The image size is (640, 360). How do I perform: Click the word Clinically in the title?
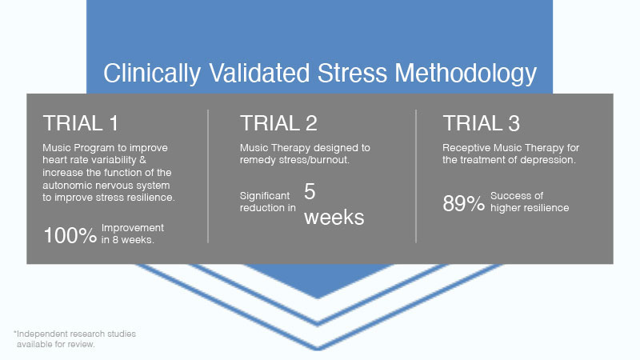coord(152,74)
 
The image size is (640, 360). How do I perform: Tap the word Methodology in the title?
coord(466,74)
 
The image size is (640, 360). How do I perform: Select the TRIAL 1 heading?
coord(81,123)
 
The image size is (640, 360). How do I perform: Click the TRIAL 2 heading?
coord(278,123)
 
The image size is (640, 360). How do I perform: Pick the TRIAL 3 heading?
coord(482,123)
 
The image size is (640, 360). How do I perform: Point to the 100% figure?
coord(70,235)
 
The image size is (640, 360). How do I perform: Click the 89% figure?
coord(464,203)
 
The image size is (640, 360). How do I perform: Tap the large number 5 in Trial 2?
coord(310,191)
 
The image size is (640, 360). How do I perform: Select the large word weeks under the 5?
coord(334,217)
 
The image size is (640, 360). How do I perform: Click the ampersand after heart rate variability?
coord(142,160)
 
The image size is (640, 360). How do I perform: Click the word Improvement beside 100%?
coord(133,228)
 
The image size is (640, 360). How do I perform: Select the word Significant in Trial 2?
coord(265,196)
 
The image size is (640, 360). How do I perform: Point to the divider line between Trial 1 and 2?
coord(208,176)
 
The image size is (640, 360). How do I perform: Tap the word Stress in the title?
coord(352,74)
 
